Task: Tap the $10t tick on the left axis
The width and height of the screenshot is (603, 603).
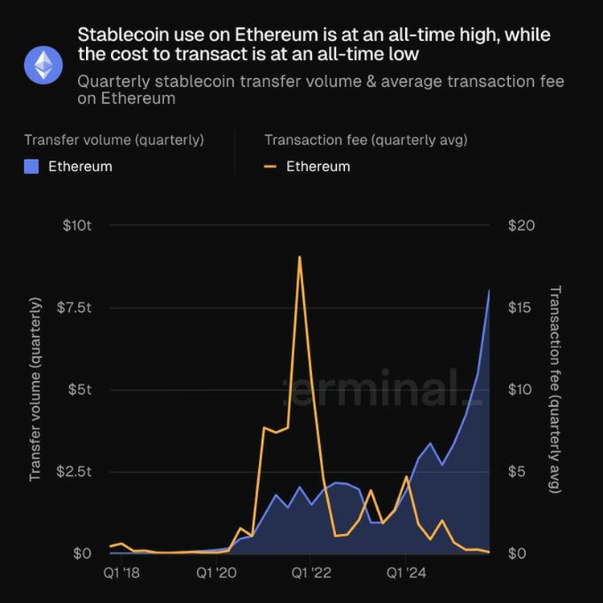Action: [x=77, y=226]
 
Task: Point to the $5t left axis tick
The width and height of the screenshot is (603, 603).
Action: [x=80, y=390]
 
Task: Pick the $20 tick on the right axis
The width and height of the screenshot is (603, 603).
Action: [x=521, y=226]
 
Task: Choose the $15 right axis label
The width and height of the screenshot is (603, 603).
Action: [x=521, y=308]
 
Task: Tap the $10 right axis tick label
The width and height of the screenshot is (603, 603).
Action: [x=521, y=390]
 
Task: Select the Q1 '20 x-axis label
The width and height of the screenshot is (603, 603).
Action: [x=215, y=574]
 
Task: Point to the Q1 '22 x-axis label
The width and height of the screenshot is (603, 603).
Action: [x=310, y=574]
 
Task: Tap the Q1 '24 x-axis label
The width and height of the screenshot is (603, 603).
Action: [x=406, y=574]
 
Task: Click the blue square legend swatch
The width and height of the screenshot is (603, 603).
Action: [x=31, y=166]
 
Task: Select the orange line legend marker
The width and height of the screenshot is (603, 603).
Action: [x=270, y=166]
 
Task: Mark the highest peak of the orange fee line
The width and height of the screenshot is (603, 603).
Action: [x=299, y=256]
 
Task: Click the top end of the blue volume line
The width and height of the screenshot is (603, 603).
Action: [x=490, y=290]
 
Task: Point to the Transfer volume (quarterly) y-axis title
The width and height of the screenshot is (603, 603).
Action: [x=35, y=389]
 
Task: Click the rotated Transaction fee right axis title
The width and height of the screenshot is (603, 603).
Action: [x=555, y=389]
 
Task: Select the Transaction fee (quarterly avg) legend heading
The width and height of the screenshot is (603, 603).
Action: [x=366, y=140]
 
